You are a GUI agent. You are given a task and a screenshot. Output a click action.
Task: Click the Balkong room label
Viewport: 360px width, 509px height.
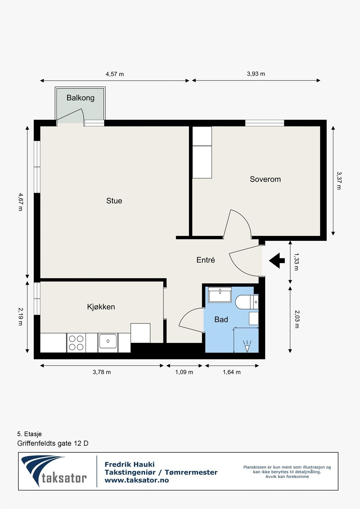click(x=80, y=98)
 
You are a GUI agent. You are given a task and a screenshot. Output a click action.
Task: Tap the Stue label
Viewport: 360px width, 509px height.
click(x=114, y=201)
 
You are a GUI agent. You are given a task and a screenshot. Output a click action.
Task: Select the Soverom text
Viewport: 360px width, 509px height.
click(x=265, y=179)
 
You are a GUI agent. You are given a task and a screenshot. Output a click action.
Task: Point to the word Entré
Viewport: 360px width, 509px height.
click(x=206, y=260)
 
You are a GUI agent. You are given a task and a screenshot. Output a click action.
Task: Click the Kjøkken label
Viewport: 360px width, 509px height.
click(x=101, y=307)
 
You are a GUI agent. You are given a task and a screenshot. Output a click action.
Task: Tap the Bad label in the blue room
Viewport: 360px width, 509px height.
click(x=221, y=319)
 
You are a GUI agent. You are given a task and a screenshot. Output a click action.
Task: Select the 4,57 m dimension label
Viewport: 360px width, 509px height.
click(x=115, y=74)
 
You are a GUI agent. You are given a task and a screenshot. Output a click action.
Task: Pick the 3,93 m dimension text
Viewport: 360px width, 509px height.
click(x=256, y=74)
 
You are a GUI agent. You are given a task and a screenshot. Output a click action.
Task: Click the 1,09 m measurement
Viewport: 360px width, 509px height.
click(x=184, y=372)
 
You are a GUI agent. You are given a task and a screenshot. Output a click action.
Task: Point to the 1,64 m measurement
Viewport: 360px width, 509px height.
click(x=231, y=372)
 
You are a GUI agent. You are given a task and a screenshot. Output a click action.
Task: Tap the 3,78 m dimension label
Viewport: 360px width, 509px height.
click(x=102, y=372)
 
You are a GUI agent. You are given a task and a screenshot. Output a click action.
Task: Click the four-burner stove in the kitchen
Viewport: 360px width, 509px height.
click(x=76, y=343)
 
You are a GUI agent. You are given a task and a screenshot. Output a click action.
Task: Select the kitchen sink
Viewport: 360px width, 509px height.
click(x=108, y=341)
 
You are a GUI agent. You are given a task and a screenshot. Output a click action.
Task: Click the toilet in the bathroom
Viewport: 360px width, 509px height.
click(x=247, y=302)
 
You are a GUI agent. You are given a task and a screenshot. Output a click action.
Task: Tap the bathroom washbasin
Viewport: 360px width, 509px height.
click(x=220, y=295)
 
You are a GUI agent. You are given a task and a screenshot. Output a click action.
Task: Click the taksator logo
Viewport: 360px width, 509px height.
click(x=54, y=471)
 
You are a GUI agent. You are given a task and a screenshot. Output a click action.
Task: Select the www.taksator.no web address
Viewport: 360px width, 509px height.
click(x=137, y=480)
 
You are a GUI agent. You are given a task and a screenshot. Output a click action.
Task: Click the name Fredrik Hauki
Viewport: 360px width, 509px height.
click(x=130, y=464)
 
